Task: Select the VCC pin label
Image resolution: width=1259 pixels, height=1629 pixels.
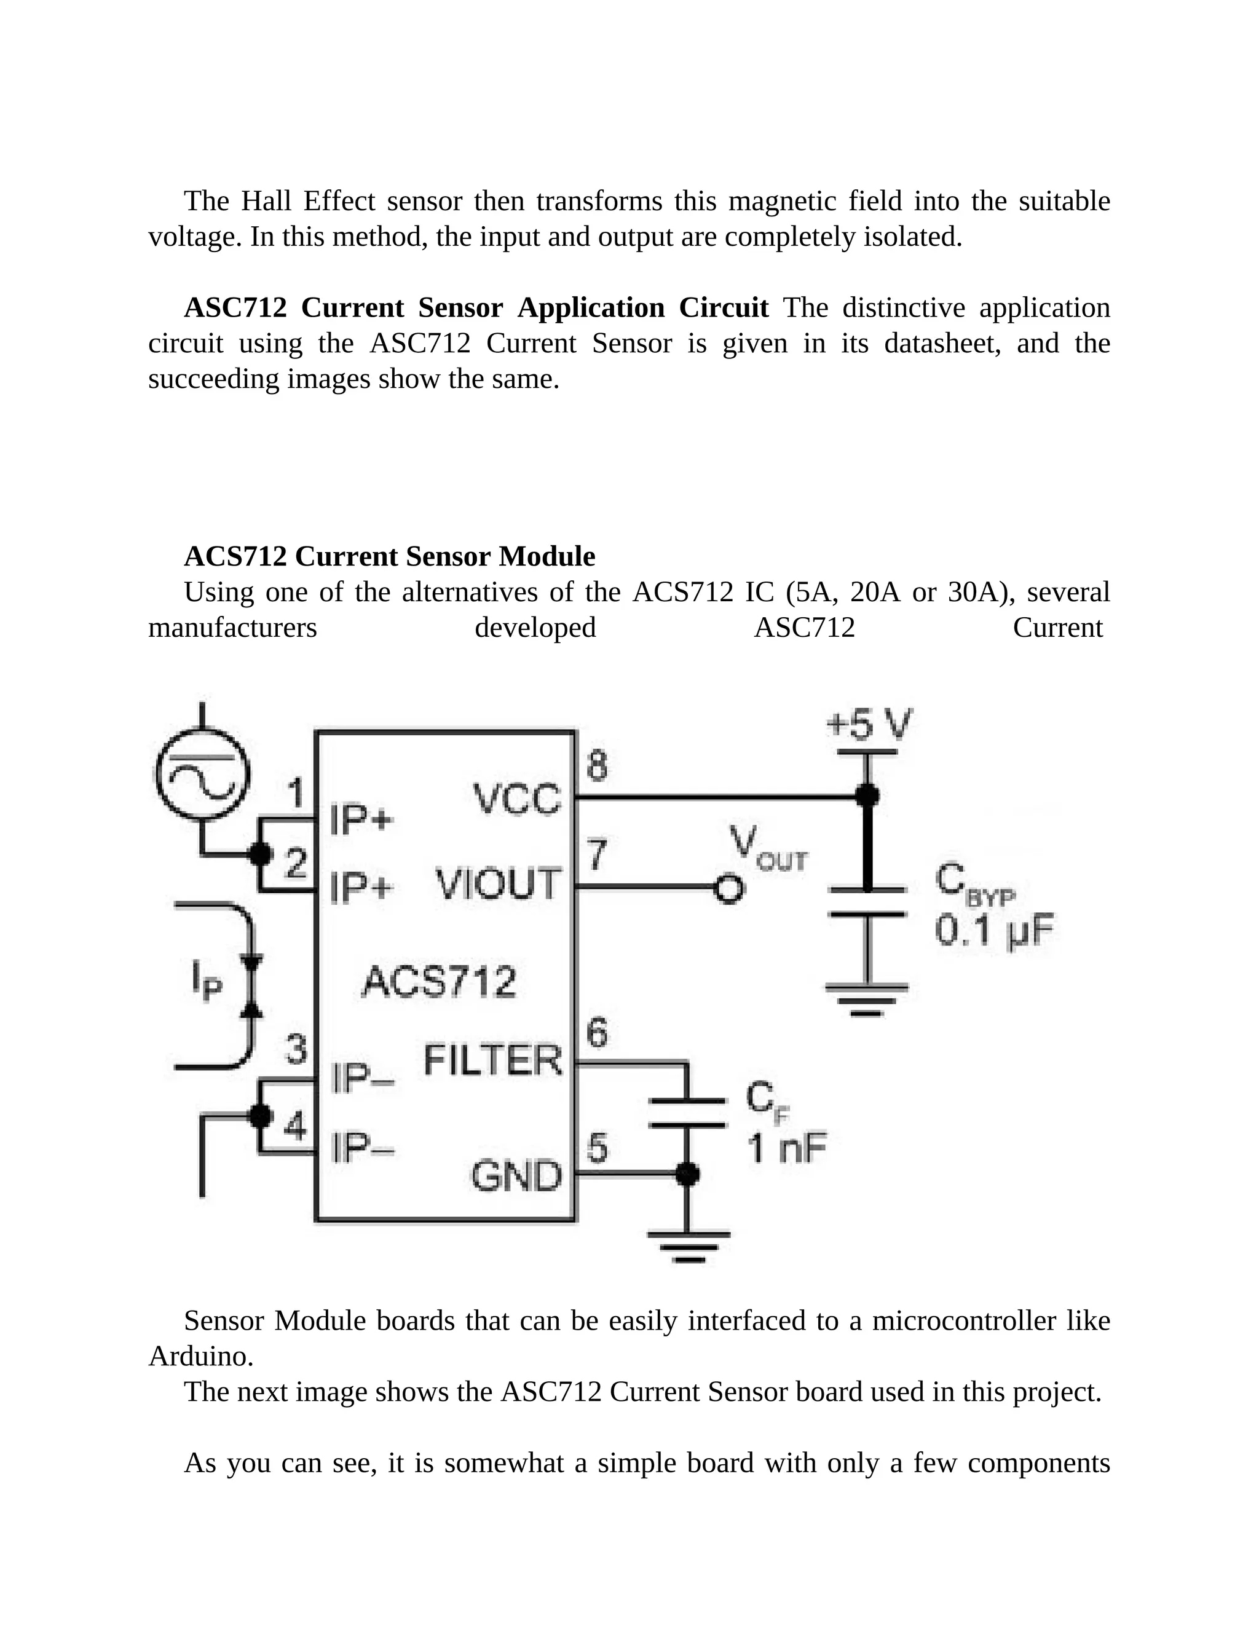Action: pos(517,800)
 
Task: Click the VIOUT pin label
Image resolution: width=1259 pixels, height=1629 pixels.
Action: pos(497,885)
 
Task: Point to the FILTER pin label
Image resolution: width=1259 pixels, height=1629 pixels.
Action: pos(493,1060)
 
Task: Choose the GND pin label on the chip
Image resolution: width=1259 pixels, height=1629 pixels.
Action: pos(516,1176)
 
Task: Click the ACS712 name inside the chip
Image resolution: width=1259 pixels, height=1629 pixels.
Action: pos(438,982)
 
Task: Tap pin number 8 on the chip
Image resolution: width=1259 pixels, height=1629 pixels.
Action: pos(597,766)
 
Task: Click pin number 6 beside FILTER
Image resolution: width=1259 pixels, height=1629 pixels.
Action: pos(597,1034)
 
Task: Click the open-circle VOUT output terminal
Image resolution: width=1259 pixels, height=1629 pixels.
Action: pos(728,888)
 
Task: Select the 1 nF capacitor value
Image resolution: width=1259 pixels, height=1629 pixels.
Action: pos(787,1149)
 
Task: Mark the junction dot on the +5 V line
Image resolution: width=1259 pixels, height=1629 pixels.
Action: pos(867,796)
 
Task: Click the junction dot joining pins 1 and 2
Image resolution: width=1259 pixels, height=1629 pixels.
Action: pos(259,854)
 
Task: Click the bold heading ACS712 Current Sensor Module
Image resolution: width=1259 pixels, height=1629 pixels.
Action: pos(389,556)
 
